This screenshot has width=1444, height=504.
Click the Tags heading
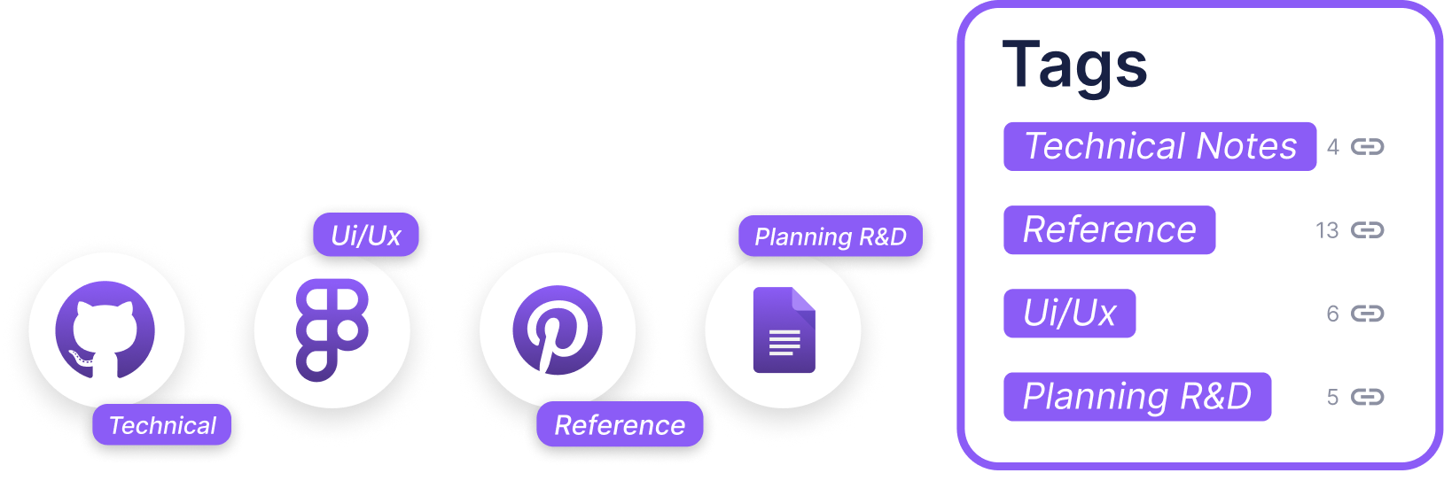(x=1074, y=66)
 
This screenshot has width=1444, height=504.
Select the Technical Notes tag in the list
(x=1159, y=146)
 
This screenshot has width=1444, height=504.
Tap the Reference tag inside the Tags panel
(x=1109, y=230)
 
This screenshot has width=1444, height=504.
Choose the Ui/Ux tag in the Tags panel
(x=1069, y=314)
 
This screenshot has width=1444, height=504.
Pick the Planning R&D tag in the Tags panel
(x=1137, y=397)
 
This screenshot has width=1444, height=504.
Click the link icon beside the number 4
(x=1367, y=147)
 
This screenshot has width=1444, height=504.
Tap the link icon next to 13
(x=1367, y=230)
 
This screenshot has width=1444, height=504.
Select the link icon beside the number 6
(x=1367, y=314)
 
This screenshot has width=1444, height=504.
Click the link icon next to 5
(x=1367, y=397)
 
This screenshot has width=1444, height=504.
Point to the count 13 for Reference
(x=1327, y=230)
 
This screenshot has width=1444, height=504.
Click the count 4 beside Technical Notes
(x=1332, y=147)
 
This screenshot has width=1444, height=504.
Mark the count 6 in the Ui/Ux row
(x=1332, y=314)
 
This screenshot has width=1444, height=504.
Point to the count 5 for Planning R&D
(x=1332, y=397)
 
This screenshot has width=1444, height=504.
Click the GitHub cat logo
(x=105, y=330)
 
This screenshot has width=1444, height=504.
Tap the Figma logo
(x=332, y=330)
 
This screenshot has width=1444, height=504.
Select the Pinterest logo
(x=558, y=330)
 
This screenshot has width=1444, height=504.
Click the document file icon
(x=784, y=330)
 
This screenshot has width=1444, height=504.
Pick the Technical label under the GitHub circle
(x=162, y=425)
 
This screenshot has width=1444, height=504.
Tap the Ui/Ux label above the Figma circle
(x=366, y=235)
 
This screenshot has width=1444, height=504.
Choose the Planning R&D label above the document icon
(x=831, y=236)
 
